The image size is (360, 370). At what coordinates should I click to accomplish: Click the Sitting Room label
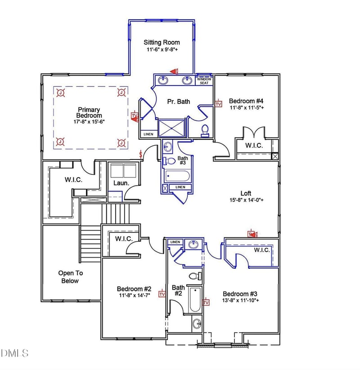pos(162,42)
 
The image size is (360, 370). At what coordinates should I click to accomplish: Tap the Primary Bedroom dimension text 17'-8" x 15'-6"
pos(89,122)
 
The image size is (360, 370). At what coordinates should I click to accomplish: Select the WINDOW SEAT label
pos(204,81)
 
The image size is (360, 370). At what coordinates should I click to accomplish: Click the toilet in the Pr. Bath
pos(205,131)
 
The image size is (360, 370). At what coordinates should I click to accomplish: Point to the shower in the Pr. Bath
pos(171,128)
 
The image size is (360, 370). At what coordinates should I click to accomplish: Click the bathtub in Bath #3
pos(177,176)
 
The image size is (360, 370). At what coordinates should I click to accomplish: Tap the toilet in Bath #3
pos(169,161)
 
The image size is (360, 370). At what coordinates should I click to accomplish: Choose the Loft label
pos(246,193)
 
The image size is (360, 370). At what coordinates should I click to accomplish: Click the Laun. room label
pos(121,183)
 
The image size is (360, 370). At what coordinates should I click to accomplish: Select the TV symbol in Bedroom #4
pos(219,103)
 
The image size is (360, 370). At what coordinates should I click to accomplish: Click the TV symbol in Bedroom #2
pos(162,294)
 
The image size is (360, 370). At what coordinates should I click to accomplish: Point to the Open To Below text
pos(70,277)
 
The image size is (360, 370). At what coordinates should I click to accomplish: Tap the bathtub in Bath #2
pos(195,299)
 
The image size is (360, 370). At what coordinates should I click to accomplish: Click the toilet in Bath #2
pos(195,276)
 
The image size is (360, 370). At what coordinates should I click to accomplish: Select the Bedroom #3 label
pos(240,294)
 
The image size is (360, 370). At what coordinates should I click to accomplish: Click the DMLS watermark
pos(15,353)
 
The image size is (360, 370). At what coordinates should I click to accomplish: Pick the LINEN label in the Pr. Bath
pos(148,134)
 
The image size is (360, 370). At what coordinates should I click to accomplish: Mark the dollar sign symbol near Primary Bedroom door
pos(141,154)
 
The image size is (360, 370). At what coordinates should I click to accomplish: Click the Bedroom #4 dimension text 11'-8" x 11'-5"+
pos(247,107)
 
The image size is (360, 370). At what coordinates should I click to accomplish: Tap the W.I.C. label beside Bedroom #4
pos(254,145)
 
